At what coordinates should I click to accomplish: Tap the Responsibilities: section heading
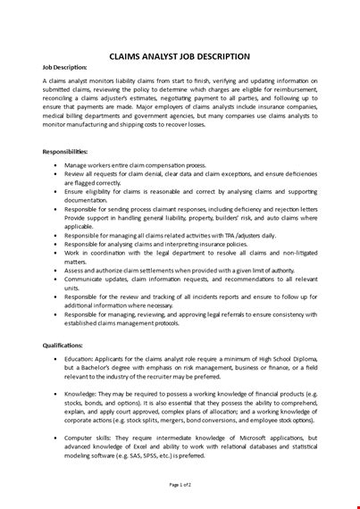[67, 152]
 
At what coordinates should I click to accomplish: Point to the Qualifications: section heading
[64, 345]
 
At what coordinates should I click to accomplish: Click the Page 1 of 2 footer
[180, 484]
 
